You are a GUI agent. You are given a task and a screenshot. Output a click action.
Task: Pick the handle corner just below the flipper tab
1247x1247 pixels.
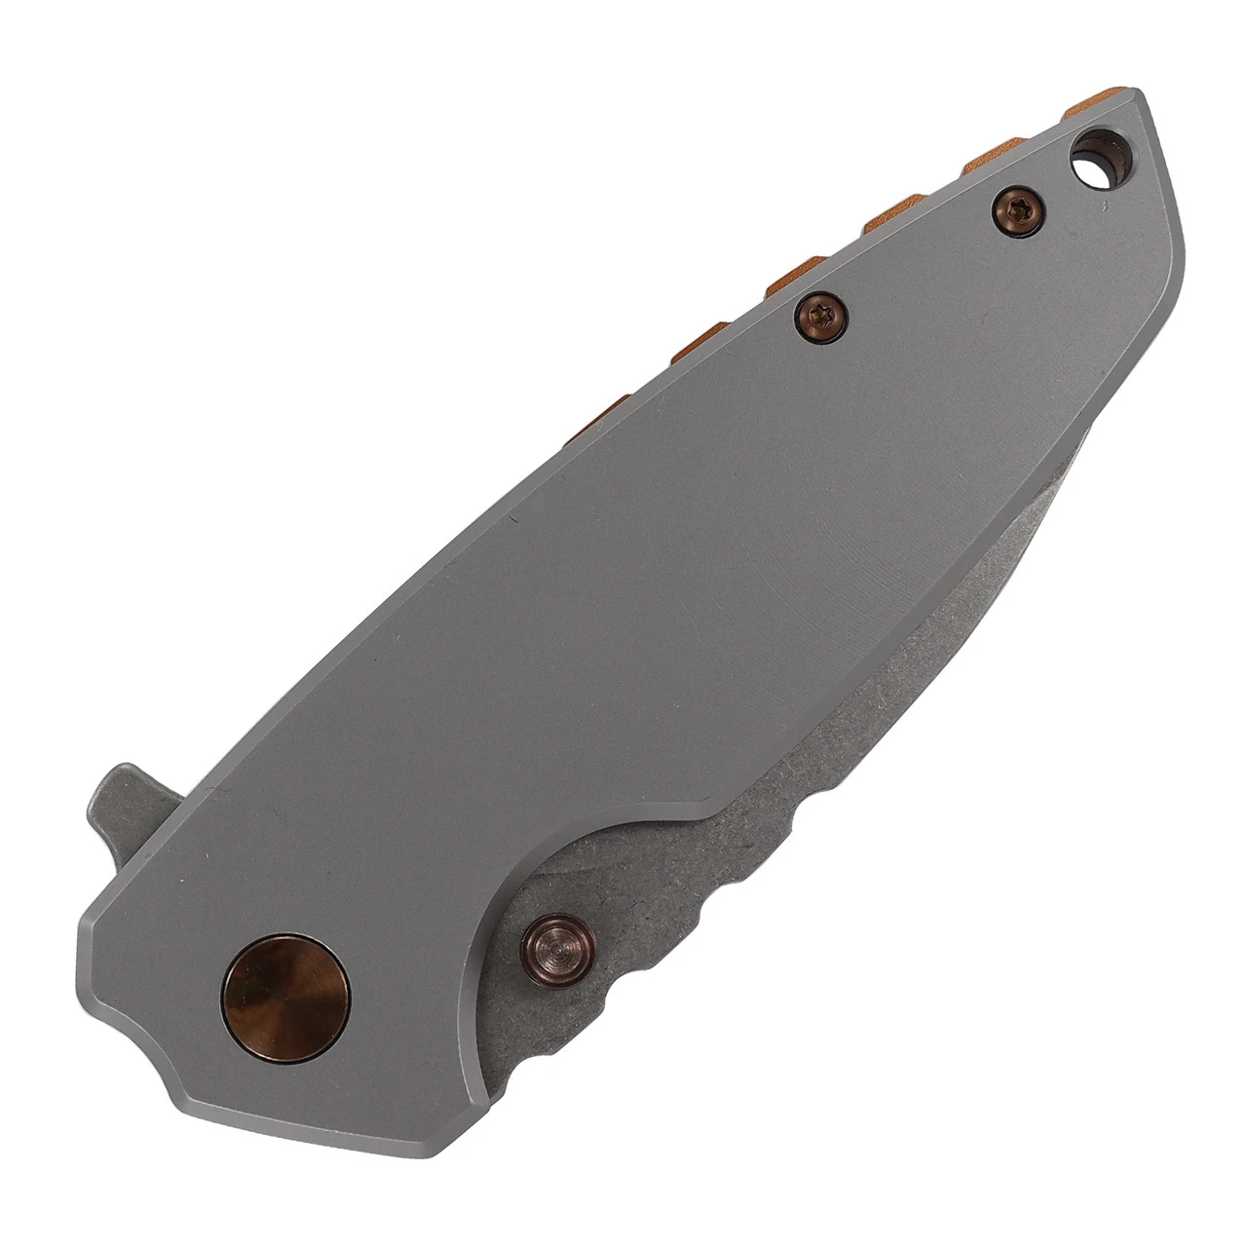click(97, 911)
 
